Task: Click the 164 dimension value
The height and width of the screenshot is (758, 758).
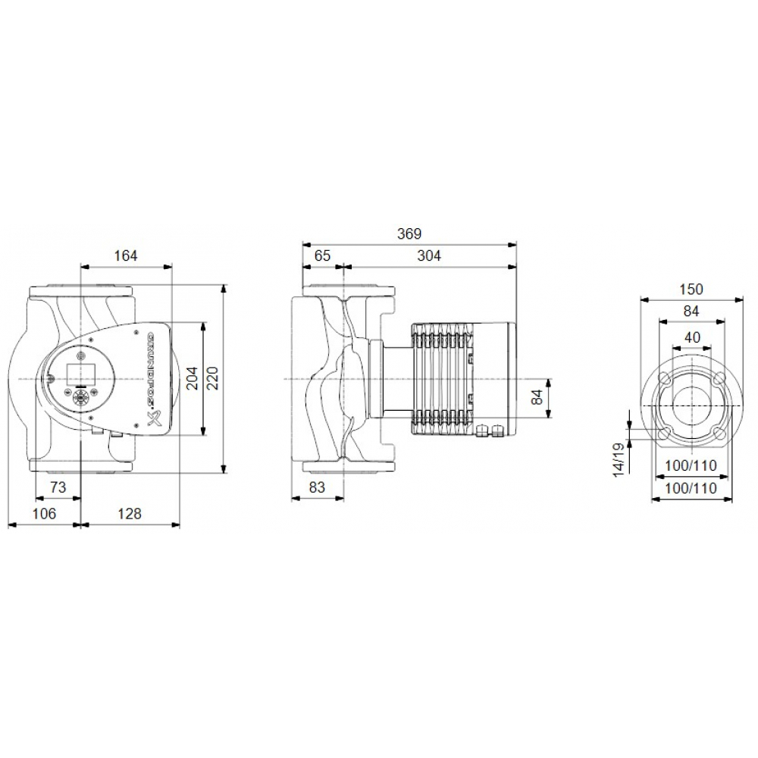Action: pos(126,256)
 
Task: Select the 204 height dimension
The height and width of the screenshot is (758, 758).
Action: pos(193,379)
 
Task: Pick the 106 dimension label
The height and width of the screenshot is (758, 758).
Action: pos(44,514)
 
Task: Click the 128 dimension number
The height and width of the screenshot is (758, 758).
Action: pos(130,514)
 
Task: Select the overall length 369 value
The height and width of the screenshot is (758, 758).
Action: pos(409,233)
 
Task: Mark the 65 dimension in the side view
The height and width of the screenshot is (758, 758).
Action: pos(322,256)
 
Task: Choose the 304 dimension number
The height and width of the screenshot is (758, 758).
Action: pos(429,256)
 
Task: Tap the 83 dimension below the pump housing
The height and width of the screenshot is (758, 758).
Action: pos(318,488)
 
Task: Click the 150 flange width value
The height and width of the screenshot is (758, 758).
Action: pos(691,289)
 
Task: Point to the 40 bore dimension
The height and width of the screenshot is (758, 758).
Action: pos(691,337)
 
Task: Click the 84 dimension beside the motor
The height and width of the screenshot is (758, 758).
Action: pos(539,397)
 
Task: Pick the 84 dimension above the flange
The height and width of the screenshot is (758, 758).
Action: pos(691,311)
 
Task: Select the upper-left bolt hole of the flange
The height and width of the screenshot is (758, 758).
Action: pos(664,378)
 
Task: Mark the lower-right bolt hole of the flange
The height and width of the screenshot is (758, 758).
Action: pos(717,433)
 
